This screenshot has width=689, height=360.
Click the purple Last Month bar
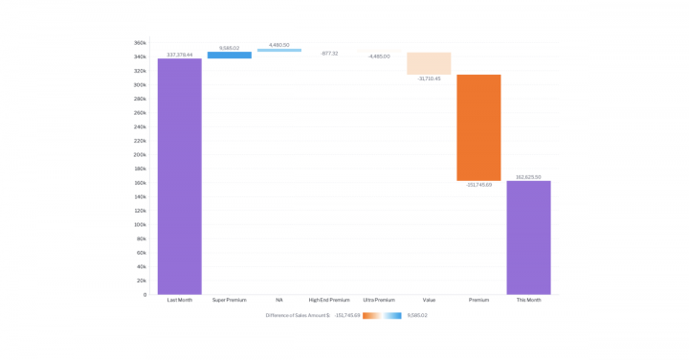pos(179,176)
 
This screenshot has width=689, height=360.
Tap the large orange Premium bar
pos(478,127)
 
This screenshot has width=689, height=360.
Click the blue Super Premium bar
pos(230,56)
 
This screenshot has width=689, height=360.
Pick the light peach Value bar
pos(429,63)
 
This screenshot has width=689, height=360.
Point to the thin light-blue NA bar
pos(279,50)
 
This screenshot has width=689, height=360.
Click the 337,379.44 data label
pos(179,55)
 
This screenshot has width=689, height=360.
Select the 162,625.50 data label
pos(528,177)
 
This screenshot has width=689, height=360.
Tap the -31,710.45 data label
pos(429,79)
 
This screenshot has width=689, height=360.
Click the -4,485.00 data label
pos(379,56)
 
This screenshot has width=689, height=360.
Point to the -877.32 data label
pos(329,54)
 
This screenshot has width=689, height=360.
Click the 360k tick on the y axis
pos(140,43)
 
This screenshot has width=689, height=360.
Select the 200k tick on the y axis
pos(140,154)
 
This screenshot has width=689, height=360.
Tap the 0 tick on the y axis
pos(144,295)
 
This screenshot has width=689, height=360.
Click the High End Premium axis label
pos(329,301)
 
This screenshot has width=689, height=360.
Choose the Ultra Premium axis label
pos(379,301)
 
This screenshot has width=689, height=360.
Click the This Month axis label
pos(528,301)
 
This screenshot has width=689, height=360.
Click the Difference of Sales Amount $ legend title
pos(297,315)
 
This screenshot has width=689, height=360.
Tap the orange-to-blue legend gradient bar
pos(382,315)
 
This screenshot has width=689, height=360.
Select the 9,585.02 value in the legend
pos(417,315)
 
